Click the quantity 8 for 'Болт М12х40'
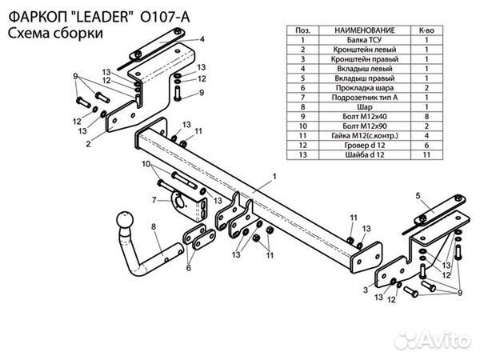click(426, 116)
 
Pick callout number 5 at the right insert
click(418, 194)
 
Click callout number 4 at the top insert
click(202, 38)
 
